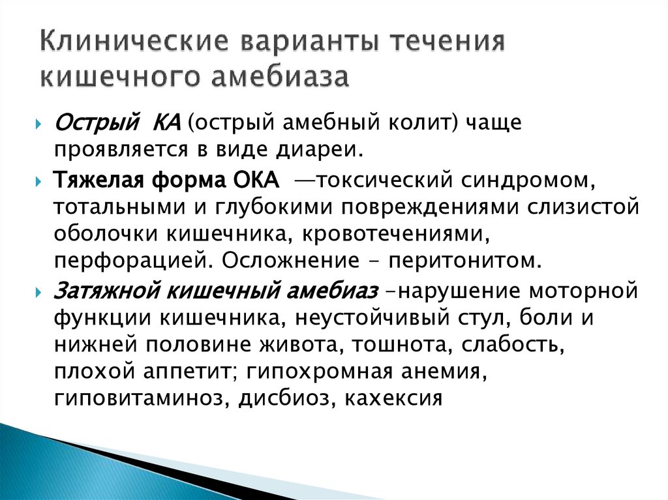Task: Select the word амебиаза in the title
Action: pos(279,78)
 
